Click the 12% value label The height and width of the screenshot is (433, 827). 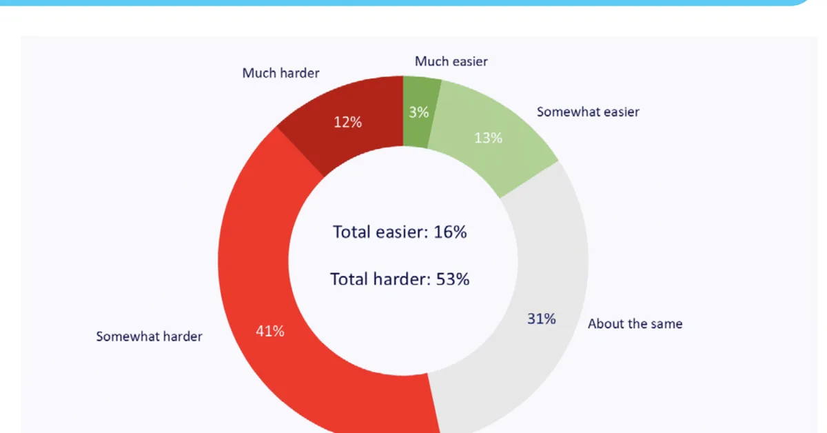[348, 122]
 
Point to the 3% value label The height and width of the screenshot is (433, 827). [418, 112]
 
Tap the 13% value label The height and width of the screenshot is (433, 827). [488, 138]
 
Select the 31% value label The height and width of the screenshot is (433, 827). [542, 319]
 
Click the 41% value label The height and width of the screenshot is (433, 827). [270, 331]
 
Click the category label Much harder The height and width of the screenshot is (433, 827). [280, 72]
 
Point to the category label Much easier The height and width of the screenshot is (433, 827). [451, 61]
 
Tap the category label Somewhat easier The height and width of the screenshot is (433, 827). [588, 112]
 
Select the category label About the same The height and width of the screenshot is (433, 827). [635, 323]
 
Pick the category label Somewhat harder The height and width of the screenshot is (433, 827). [149, 336]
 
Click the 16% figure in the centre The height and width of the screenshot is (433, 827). [450, 232]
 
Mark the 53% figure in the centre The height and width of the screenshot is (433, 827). [453, 279]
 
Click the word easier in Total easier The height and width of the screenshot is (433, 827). [400, 232]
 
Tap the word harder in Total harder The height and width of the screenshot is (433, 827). [401, 279]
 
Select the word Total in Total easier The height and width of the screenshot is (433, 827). [352, 232]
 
